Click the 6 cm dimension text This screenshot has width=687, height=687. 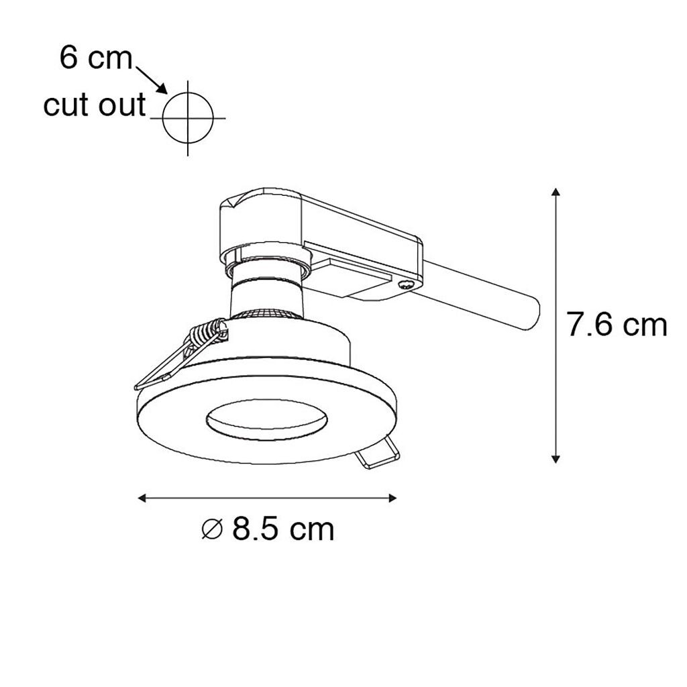click(96, 58)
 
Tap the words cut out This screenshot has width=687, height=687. click(94, 105)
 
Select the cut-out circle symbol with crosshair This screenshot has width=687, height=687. click(188, 118)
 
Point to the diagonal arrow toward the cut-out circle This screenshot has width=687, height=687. click(152, 81)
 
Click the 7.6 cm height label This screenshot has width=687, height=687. click(617, 325)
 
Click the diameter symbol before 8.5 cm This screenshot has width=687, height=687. click(213, 529)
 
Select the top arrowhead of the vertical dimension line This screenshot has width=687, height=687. click(556, 192)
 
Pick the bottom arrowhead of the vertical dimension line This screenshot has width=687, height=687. click(556, 459)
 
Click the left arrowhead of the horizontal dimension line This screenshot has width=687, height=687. click(142, 498)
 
